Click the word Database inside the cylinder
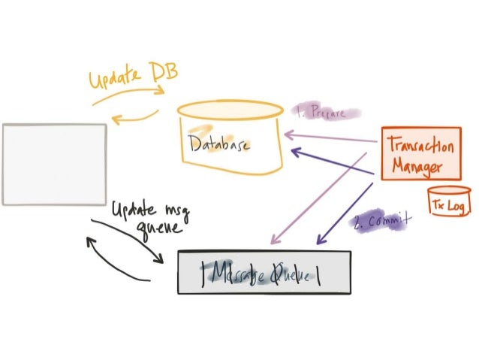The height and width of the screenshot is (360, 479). [x=219, y=144]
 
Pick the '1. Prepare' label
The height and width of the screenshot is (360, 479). [x=321, y=113]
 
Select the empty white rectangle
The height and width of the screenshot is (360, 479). [x=54, y=164]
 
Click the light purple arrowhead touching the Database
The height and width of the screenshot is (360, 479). [x=290, y=135]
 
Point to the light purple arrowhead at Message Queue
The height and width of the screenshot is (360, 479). [x=274, y=240]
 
